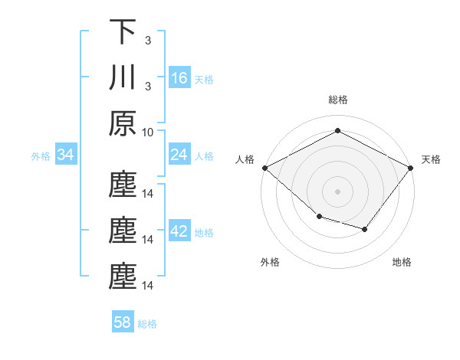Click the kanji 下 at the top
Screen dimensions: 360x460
[x=123, y=32]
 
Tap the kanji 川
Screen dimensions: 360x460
[x=123, y=78]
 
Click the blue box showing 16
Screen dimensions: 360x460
[x=179, y=78]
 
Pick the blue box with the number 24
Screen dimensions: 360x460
[x=179, y=155]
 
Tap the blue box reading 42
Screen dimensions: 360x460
[x=179, y=232]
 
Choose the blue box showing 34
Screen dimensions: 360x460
[x=66, y=155]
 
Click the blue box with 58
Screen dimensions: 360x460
[x=123, y=322]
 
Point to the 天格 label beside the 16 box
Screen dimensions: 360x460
[x=204, y=79]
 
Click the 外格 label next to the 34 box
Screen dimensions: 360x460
[x=41, y=156]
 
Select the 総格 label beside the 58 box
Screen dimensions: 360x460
[x=147, y=323]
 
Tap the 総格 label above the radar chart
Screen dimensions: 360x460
[x=337, y=100]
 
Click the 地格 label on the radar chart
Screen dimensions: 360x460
[x=402, y=262]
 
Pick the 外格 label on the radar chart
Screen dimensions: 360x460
[x=270, y=262]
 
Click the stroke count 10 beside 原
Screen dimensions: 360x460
[x=148, y=133]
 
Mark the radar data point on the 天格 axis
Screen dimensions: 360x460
[x=411, y=167]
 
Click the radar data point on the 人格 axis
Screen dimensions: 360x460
[x=264, y=167]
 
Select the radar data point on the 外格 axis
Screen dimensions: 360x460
[x=319, y=217]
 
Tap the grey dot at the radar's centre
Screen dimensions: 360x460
[x=337, y=191]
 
